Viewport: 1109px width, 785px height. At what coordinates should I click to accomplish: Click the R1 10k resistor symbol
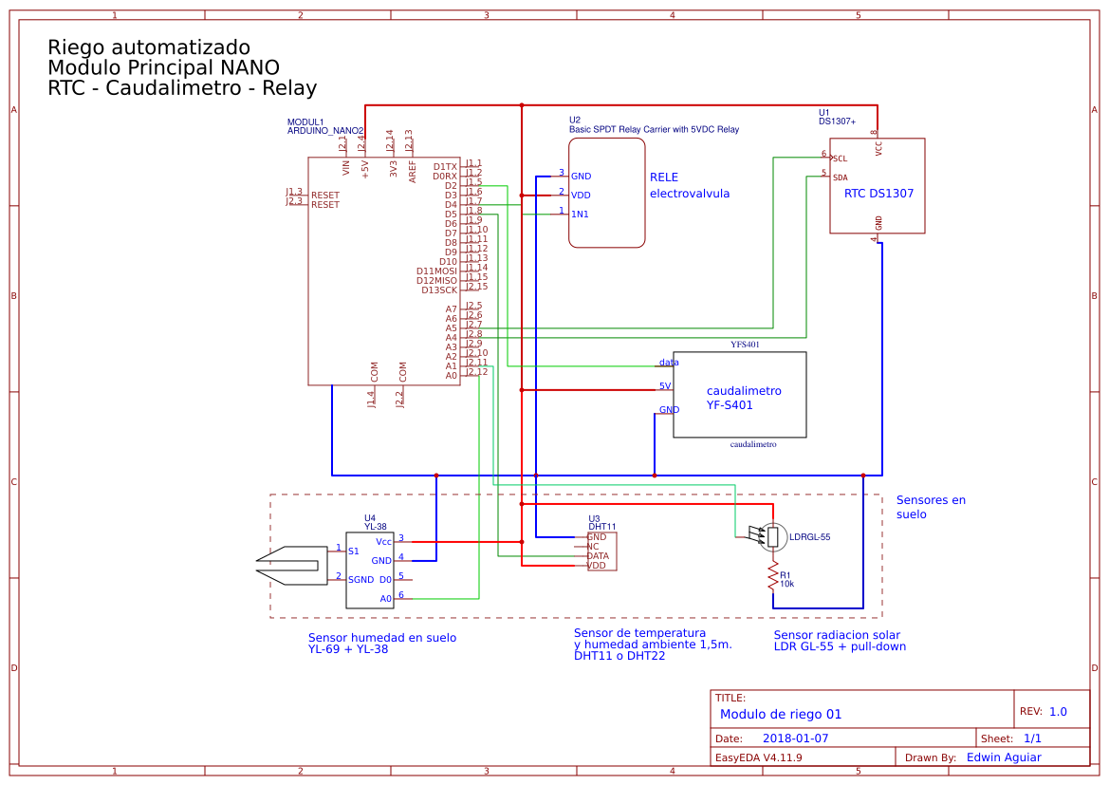point(772,575)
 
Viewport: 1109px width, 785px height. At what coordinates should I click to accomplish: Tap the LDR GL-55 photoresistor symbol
point(773,537)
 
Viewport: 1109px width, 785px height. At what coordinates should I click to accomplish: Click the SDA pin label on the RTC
point(841,178)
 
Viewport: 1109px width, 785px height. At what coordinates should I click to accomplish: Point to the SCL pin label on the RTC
point(840,158)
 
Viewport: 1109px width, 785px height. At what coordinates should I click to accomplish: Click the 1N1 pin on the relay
point(580,215)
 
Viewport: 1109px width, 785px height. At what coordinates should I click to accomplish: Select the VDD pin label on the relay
point(581,196)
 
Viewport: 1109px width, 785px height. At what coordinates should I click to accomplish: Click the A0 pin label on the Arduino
point(452,376)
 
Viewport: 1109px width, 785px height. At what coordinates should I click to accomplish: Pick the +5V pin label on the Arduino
point(365,168)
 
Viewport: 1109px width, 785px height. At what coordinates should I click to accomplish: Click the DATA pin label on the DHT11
point(598,556)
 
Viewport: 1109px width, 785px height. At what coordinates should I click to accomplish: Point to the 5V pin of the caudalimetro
point(665,386)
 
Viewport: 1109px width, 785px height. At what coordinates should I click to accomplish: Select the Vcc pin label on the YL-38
point(383,542)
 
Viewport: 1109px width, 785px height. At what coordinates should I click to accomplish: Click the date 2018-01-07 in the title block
point(795,738)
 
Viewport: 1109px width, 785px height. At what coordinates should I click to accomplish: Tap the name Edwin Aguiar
point(1003,757)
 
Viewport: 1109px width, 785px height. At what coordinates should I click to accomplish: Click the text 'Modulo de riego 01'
point(780,715)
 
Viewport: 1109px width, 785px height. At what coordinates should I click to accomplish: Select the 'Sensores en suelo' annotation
point(930,507)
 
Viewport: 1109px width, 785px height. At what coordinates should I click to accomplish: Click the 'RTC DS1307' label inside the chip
point(878,194)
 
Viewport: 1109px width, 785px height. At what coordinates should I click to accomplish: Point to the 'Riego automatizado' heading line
point(149,47)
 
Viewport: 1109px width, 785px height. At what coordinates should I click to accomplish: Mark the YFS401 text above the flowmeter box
point(745,345)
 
